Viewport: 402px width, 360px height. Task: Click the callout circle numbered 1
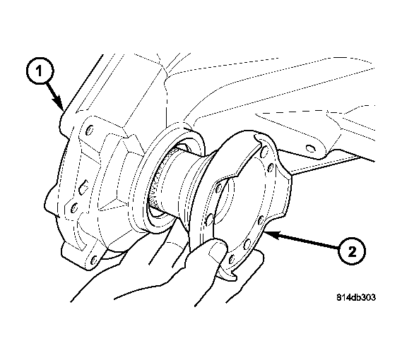pos(40,71)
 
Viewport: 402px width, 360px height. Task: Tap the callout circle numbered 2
pos(352,251)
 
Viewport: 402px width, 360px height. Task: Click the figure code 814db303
pos(356,297)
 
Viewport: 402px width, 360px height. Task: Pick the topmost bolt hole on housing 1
pos(90,130)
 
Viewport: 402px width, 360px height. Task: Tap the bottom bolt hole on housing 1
pos(94,260)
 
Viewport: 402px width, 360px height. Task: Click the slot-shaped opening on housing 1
pos(83,186)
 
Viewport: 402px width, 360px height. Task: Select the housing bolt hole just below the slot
pos(74,207)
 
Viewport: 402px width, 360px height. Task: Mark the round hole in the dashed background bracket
pos(309,148)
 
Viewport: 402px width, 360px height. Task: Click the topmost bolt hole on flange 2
pos(264,152)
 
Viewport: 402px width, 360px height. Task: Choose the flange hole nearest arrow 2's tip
pos(261,220)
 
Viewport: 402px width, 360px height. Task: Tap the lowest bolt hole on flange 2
pos(232,259)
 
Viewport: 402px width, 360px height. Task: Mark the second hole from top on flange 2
pos(271,168)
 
